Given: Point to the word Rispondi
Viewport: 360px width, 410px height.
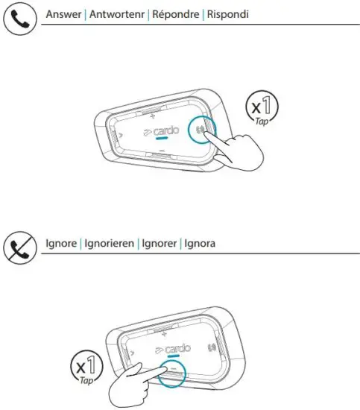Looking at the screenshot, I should (227, 15).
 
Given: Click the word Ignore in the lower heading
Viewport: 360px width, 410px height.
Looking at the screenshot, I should (62, 244).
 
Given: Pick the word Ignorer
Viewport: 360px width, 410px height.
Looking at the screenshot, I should (158, 244).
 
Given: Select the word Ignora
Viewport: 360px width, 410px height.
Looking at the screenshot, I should (200, 244).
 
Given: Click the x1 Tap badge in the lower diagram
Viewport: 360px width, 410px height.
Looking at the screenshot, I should (85, 368).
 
